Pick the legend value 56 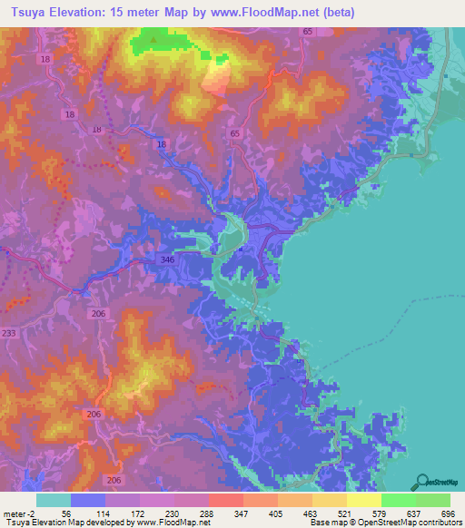click(65, 513)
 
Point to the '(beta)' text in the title click(334, 12)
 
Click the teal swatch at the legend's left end click(53, 500)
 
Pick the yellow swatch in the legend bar click(363, 500)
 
